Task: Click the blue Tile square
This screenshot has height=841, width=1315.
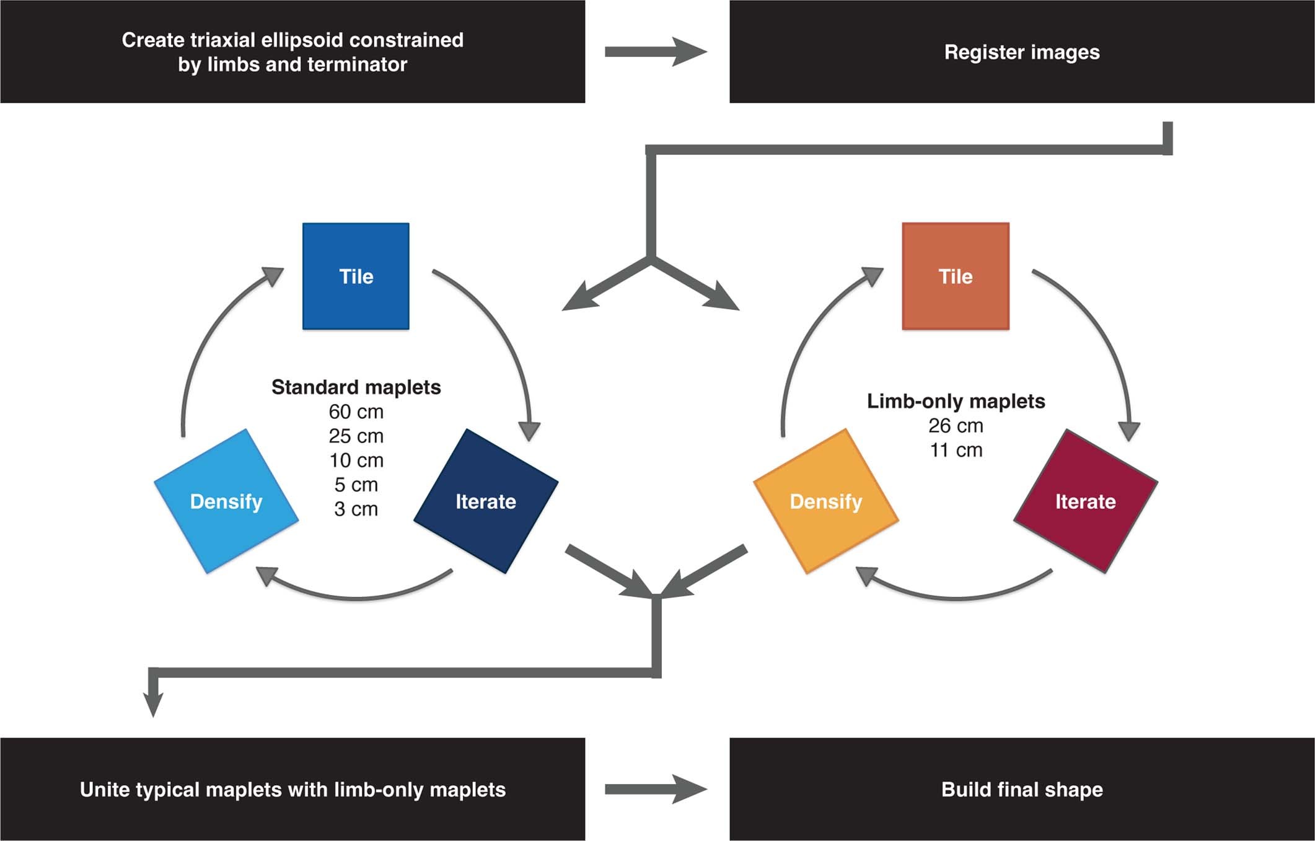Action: (356, 276)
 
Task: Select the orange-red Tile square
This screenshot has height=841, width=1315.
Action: (956, 276)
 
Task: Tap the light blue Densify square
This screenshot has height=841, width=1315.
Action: (226, 501)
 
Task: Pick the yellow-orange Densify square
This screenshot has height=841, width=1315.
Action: (825, 501)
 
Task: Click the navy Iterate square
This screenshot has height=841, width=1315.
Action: (486, 501)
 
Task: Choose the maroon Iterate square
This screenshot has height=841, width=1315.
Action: (1086, 501)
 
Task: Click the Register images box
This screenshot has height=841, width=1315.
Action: (1022, 52)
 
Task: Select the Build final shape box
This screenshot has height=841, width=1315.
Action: (1022, 789)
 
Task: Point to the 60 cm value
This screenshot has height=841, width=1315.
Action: (356, 412)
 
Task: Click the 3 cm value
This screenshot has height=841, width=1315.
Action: (356, 509)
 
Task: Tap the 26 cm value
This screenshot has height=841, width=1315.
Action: (956, 426)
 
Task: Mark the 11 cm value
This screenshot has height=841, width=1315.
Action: (956, 450)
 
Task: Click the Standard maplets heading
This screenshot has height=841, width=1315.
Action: (356, 387)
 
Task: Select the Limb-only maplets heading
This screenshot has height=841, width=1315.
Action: (956, 401)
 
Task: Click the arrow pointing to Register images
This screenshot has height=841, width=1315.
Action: (656, 52)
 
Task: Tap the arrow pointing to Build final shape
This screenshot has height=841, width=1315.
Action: (656, 789)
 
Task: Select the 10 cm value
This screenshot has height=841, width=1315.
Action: (356, 460)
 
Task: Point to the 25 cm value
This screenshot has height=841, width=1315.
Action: (356, 436)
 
